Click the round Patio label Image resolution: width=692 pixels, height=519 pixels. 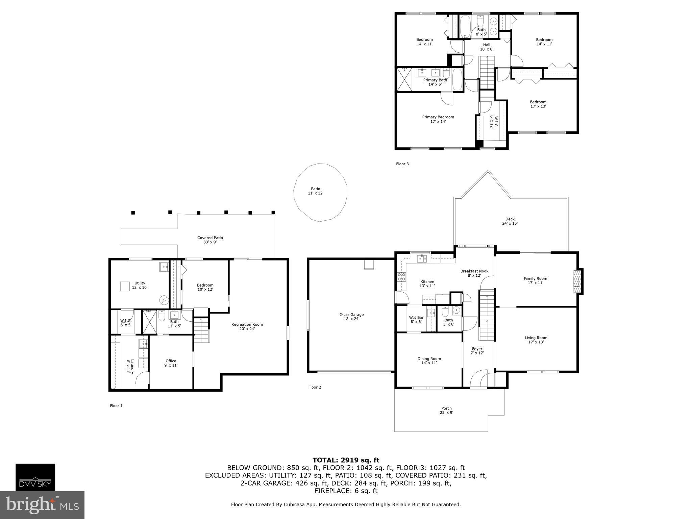(x=315, y=191)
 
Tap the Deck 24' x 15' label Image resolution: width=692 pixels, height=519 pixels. (x=510, y=221)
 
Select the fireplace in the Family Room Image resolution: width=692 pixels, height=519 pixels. (x=578, y=281)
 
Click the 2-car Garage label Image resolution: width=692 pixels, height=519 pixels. (x=351, y=317)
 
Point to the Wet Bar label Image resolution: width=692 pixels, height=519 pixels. (x=416, y=319)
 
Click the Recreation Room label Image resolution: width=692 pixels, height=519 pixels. (x=247, y=326)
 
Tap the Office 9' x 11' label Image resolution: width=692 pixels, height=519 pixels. (x=171, y=363)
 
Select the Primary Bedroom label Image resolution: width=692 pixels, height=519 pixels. (x=438, y=119)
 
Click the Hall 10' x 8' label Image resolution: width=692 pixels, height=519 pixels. (x=487, y=47)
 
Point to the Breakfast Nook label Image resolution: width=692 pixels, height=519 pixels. (x=474, y=273)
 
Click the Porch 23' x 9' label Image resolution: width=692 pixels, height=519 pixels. (x=446, y=410)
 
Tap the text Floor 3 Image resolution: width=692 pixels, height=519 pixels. (x=402, y=164)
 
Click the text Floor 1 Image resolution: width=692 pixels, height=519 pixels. (x=116, y=406)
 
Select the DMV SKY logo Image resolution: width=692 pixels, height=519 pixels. (x=35, y=477)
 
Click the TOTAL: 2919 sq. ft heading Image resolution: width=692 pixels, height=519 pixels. (x=346, y=460)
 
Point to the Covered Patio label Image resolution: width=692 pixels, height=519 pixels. (x=210, y=240)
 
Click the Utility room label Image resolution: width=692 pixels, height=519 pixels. (x=140, y=285)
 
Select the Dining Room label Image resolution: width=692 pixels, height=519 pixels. (x=429, y=361)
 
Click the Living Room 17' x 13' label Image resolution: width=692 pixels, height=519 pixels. (x=536, y=340)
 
